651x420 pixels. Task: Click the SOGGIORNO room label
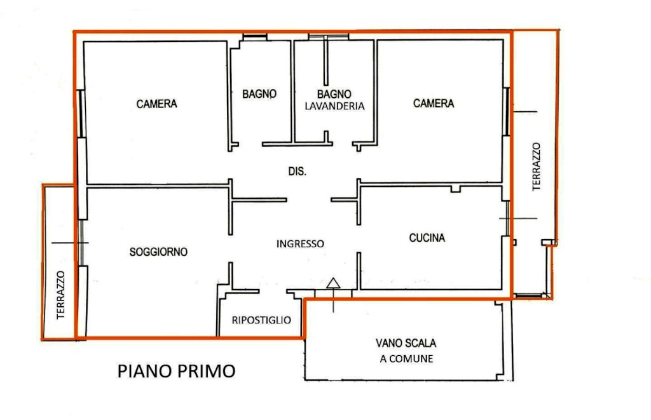[158, 252]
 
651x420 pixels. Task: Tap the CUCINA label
[427, 238]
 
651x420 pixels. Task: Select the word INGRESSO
[300, 243]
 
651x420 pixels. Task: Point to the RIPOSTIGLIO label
[261, 320]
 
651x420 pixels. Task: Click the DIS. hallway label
[298, 171]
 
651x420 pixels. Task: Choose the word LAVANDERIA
[334, 106]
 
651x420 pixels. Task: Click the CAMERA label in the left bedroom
[156, 104]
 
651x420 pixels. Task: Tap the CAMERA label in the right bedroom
[434, 103]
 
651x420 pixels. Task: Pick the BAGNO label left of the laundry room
[259, 94]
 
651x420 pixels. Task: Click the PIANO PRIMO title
[177, 371]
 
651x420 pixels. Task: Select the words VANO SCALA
[406, 343]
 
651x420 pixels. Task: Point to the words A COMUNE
[406, 358]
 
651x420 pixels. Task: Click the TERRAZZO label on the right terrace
[537, 166]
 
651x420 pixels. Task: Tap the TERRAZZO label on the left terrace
[60, 295]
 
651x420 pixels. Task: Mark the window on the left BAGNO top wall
[254, 37]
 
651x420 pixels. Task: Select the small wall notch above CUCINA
[456, 189]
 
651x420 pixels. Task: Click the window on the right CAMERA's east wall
[507, 111]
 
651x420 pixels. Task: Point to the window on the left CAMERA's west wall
[82, 113]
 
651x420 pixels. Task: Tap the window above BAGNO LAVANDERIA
[328, 37]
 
